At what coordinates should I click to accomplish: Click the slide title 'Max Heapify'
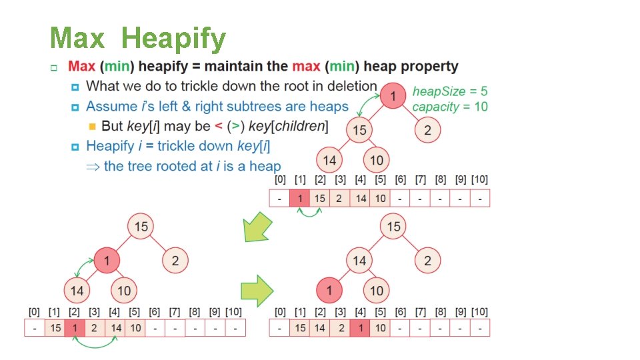[x=138, y=39]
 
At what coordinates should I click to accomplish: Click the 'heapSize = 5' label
[x=450, y=91]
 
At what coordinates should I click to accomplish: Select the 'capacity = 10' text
[x=450, y=107]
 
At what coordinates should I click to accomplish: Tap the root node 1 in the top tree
[x=393, y=97]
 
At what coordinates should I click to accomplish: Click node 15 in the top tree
[x=359, y=130]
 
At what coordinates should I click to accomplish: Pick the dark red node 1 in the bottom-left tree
[x=107, y=260]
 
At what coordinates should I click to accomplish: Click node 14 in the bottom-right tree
[x=359, y=260]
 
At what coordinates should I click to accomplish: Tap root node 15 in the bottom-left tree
[x=141, y=227]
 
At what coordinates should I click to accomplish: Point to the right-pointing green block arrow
[x=257, y=290]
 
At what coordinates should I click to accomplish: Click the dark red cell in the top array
[x=300, y=199]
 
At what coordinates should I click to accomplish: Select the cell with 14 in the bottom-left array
[x=115, y=328]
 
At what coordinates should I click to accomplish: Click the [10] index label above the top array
[x=479, y=180]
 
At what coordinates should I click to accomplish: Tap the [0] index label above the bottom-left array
[x=34, y=311]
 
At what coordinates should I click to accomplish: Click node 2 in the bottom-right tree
[x=427, y=260]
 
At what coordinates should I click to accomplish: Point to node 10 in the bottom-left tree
[x=124, y=291]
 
